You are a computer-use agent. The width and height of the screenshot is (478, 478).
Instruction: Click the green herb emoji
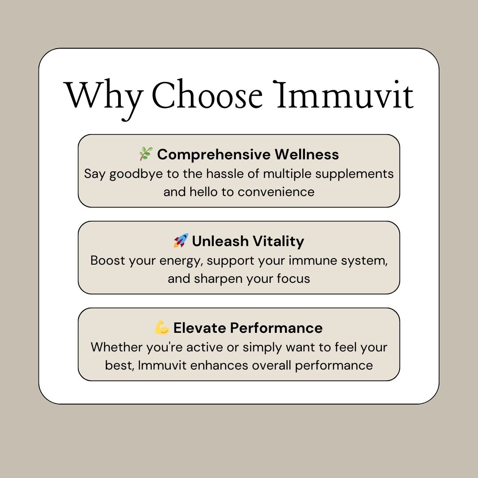click(x=145, y=154)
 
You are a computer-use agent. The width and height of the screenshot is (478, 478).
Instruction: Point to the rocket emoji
click(x=181, y=241)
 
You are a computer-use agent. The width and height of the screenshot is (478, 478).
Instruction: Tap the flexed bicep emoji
click(x=162, y=328)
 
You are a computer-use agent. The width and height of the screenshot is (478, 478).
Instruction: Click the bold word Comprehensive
click(x=213, y=154)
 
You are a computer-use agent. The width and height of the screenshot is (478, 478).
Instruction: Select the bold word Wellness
click(x=307, y=154)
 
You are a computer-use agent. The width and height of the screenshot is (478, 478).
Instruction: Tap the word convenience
click(x=276, y=192)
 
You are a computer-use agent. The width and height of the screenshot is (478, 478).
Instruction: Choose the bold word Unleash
click(x=220, y=241)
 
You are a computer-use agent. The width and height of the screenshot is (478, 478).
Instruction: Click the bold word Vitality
click(x=279, y=241)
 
